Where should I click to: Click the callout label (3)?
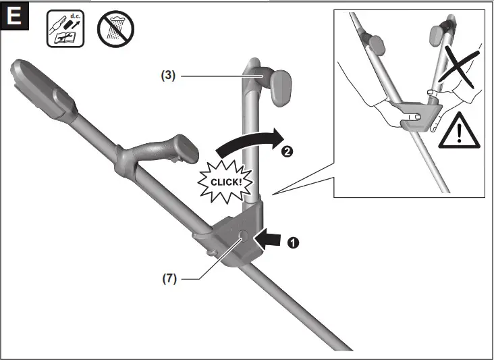pos(168,76)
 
